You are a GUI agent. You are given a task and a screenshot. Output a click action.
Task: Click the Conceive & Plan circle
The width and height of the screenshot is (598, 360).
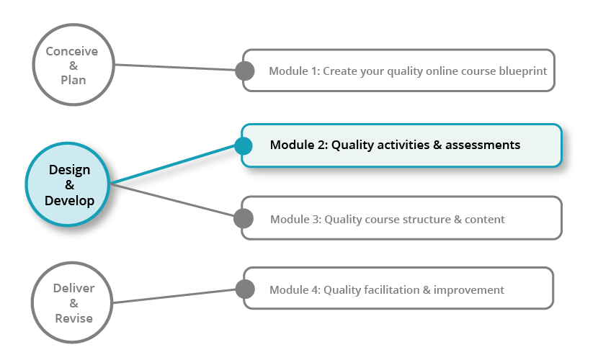pos(72,66)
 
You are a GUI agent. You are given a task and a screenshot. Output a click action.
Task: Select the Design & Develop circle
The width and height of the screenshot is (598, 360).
pos(68,185)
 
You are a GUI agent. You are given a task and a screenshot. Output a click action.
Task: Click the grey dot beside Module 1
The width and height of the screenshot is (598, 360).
pos(245,71)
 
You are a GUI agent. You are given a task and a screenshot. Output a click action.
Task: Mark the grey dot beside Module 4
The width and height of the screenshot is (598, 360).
pos(245,289)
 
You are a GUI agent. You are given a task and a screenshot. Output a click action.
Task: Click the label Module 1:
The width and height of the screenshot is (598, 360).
pos(294,71)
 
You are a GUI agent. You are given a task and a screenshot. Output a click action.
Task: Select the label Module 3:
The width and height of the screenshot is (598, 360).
pos(295,219)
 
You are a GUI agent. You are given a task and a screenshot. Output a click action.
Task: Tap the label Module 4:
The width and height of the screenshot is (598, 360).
pos(295,290)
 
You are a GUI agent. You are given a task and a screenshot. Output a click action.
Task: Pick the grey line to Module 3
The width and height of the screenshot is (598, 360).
pos(173,200)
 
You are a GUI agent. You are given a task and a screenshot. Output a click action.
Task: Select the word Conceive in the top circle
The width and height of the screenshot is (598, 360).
pos(72,52)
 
